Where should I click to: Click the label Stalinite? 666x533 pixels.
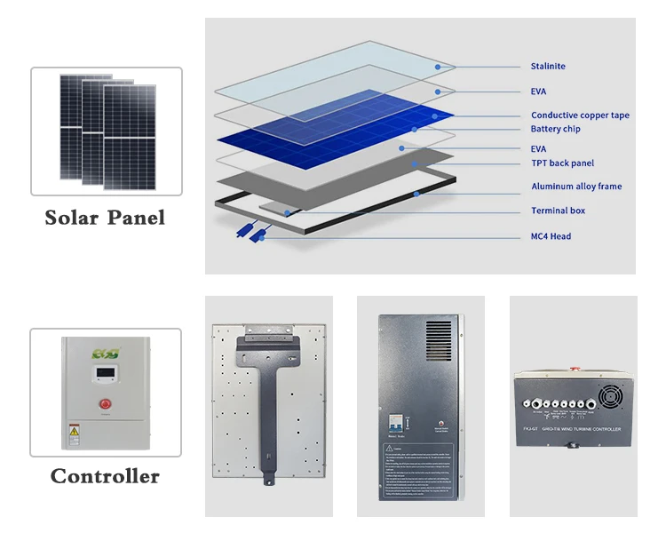[548, 67]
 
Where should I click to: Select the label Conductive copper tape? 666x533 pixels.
[580, 115]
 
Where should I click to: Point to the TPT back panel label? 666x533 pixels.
[562, 163]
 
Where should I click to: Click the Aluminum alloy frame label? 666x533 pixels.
[576, 187]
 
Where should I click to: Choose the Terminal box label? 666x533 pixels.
[558, 211]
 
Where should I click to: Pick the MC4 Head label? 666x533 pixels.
[551, 236]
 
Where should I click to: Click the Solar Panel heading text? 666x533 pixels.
[105, 218]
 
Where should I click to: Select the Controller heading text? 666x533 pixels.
[105, 476]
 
